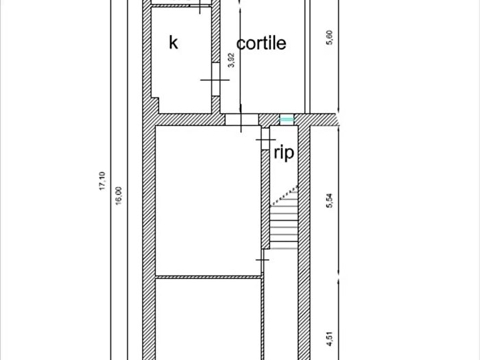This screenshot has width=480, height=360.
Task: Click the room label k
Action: point(173,43)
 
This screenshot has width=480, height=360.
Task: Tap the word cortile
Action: point(261,43)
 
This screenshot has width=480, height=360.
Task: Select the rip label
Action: point(284,153)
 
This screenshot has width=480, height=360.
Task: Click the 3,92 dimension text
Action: point(232,60)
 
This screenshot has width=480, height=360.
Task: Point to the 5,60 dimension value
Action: point(330,38)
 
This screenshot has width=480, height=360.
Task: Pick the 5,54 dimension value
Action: point(330,201)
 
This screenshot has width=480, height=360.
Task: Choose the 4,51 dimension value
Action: point(330,339)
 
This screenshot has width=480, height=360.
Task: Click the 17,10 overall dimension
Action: point(102,181)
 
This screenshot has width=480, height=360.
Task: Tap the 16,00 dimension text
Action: point(119,195)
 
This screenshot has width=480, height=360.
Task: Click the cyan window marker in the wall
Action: point(287,119)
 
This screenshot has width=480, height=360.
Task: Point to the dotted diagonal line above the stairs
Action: point(285,195)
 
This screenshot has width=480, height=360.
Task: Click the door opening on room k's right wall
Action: point(215,80)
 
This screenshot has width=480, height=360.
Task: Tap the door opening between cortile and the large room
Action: point(242,119)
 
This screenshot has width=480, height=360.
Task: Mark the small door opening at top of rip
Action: point(265,139)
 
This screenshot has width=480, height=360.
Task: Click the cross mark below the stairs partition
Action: point(263,260)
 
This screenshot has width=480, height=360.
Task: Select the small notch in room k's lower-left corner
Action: point(155,106)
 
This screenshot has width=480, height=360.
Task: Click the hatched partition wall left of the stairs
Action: point(265,199)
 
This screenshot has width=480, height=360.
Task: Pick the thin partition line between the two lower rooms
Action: point(208,277)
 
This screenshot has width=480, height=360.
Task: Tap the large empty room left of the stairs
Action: point(208,200)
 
